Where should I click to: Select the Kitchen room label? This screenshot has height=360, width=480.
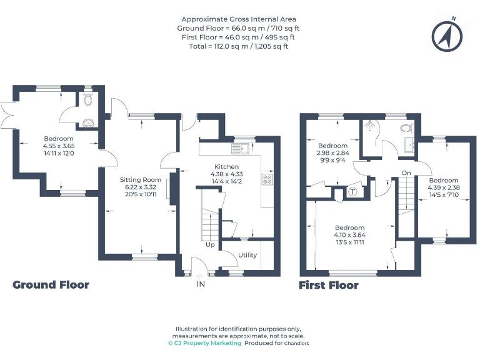pyautogui.click(x=226, y=166)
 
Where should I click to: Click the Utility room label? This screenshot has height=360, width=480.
pyautogui.click(x=247, y=255)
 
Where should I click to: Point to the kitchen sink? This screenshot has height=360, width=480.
pyautogui.click(x=241, y=148)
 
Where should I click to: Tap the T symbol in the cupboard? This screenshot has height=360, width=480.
pyautogui.click(x=352, y=192)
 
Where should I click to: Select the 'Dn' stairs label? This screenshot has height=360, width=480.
pyautogui.click(x=406, y=172)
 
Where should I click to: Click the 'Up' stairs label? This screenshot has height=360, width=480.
pyautogui.click(x=210, y=244)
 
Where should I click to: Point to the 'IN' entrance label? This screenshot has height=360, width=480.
pyautogui.click(x=201, y=284)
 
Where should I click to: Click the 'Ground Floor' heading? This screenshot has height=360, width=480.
pyautogui.click(x=51, y=285)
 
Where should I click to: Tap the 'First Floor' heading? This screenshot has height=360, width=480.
pyautogui.click(x=329, y=286)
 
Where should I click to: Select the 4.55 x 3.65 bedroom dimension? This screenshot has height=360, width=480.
pyautogui.click(x=58, y=145)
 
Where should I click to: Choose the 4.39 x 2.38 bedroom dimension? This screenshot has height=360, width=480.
pyautogui.click(x=443, y=186)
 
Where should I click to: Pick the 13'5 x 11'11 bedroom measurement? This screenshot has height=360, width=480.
pyautogui.click(x=349, y=242)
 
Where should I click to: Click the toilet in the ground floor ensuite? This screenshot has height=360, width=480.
pyautogui.click(x=88, y=99)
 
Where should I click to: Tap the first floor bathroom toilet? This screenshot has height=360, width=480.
pyautogui.click(x=407, y=127)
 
